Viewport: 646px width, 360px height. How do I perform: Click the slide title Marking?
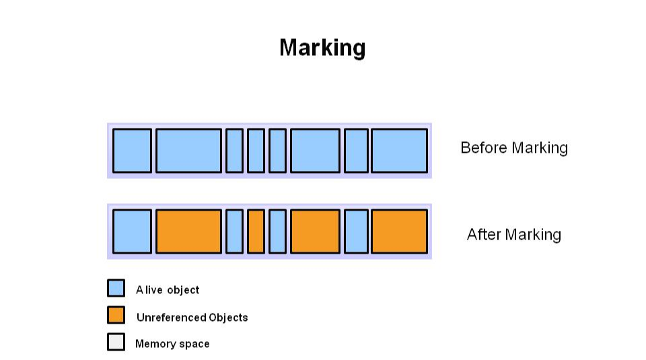(322, 48)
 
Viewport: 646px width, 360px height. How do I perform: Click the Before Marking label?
(513, 148)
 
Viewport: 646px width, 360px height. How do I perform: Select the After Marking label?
(513, 234)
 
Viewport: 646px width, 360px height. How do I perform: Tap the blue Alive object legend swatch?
(116, 289)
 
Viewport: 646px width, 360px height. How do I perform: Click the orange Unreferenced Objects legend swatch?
(116, 315)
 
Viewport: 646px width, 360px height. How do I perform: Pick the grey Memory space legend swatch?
(116, 342)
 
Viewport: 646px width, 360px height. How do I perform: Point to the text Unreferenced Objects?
(192, 318)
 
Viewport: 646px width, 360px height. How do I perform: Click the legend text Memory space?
(172, 344)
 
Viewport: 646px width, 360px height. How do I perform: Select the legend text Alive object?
(168, 290)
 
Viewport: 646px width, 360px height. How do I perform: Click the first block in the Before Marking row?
(132, 151)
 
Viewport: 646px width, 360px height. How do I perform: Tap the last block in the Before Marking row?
(399, 151)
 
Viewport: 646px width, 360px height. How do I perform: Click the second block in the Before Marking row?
(188, 151)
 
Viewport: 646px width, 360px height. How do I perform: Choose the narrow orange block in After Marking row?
(256, 231)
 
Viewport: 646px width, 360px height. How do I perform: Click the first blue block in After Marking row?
(132, 231)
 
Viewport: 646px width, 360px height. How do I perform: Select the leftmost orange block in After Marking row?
(188, 231)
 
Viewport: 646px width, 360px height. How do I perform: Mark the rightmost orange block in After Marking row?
(399, 231)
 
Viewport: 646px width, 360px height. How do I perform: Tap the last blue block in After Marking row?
(356, 231)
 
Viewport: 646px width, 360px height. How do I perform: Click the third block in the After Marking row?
(234, 231)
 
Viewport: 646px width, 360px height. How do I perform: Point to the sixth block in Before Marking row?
(315, 151)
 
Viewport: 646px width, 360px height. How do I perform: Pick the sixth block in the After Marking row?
(315, 231)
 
